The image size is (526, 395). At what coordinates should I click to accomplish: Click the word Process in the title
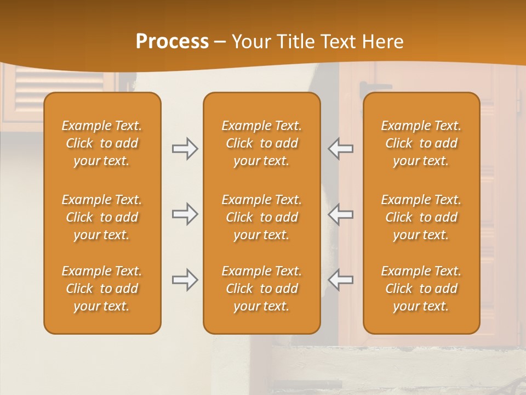pyautogui.click(x=172, y=42)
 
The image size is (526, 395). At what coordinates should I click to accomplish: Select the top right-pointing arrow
pyautogui.click(x=185, y=149)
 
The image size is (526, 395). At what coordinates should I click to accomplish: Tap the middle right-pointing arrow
pyautogui.click(x=185, y=214)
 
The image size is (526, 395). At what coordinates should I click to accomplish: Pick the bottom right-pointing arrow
pyautogui.click(x=185, y=280)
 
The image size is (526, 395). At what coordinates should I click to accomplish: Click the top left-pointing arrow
pyautogui.click(x=340, y=149)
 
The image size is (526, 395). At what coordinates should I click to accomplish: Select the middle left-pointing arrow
pyautogui.click(x=340, y=214)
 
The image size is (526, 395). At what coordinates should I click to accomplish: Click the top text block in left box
pyautogui.click(x=102, y=143)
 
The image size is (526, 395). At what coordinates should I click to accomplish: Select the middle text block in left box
pyautogui.click(x=102, y=217)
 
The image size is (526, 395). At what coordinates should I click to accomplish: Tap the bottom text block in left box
pyautogui.click(x=102, y=289)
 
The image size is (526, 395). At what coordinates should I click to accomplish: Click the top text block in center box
pyautogui.click(x=261, y=143)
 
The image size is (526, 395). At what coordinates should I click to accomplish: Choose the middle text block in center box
pyautogui.click(x=261, y=217)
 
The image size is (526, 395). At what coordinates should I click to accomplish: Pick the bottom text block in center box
pyautogui.click(x=261, y=289)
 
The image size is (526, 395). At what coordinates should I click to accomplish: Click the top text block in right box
pyautogui.click(x=421, y=143)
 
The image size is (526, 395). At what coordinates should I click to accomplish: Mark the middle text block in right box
pyautogui.click(x=421, y=217)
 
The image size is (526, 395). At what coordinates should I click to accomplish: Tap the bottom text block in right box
pyautogui.click(x=421, y=289)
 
